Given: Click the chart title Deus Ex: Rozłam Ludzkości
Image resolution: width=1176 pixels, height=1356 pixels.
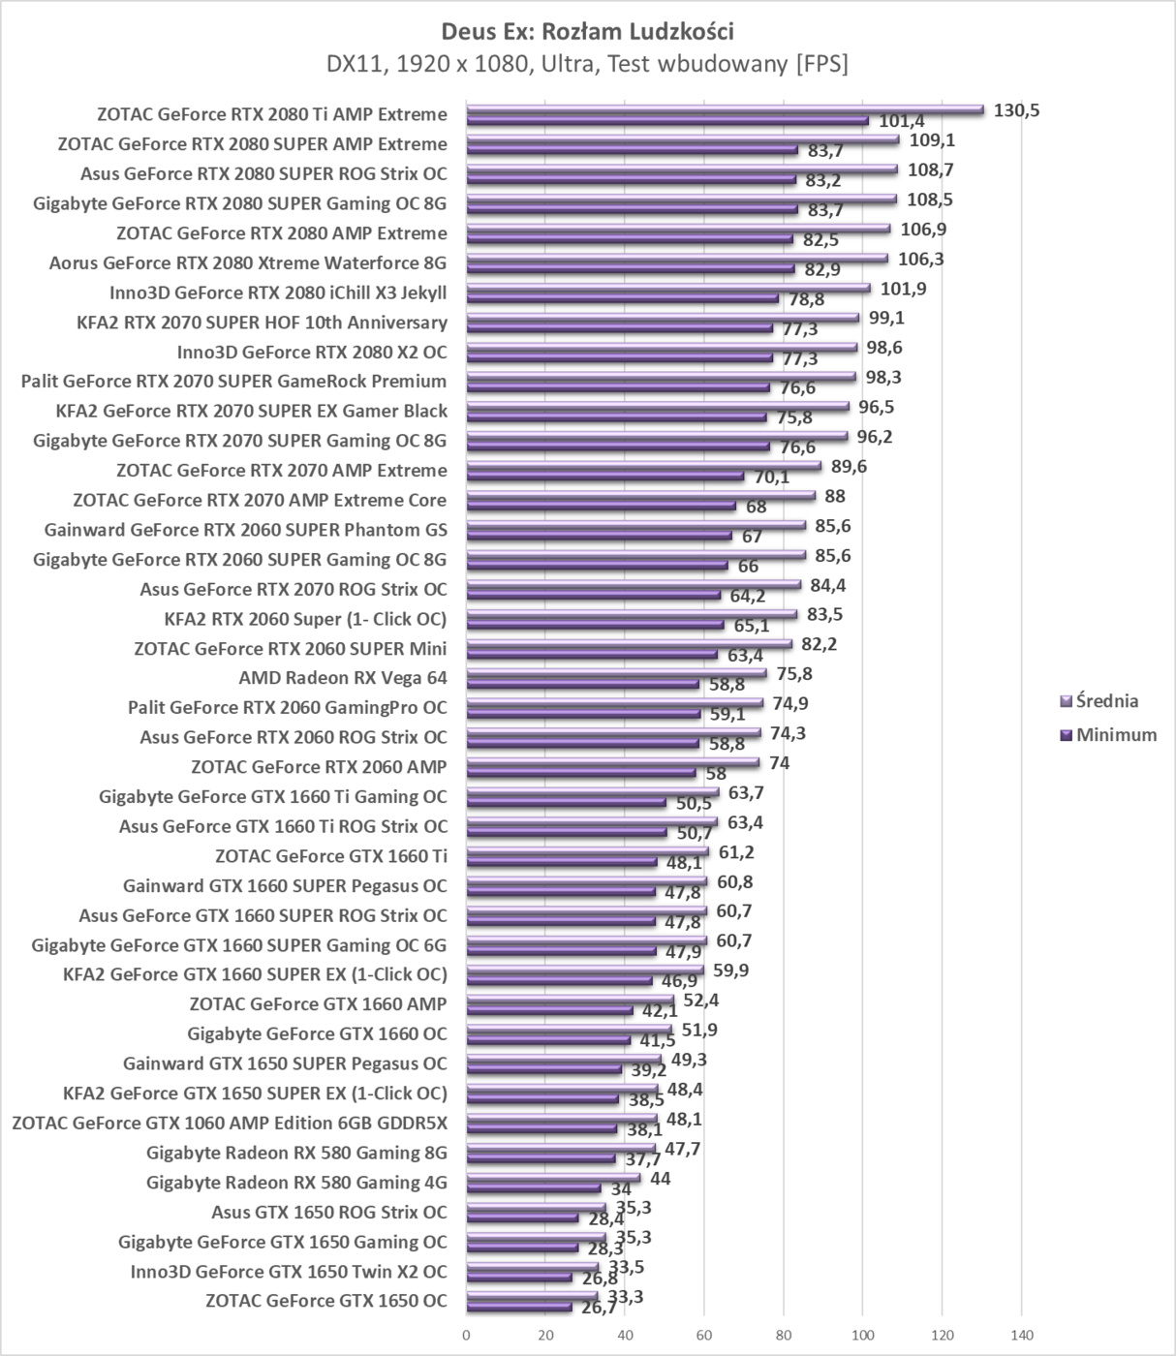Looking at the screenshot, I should [587, 31].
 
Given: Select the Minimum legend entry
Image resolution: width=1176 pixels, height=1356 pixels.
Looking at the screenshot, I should [1115, 735].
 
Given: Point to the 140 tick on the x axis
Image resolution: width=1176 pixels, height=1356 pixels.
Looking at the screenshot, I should [1021, 1336].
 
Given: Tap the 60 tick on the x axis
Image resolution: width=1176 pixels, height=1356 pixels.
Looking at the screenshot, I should [704, 1336].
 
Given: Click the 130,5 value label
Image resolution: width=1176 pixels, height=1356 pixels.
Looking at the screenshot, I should [1016, 110].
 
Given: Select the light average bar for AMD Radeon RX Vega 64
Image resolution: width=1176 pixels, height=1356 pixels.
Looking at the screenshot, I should [616, 673].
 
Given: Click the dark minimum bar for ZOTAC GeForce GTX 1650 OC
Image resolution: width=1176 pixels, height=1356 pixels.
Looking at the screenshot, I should [519, 1307].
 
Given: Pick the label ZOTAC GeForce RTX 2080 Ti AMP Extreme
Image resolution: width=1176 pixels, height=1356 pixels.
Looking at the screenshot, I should [272, 114].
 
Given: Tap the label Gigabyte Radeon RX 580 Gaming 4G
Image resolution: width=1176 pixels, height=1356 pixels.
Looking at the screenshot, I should [296, 1183].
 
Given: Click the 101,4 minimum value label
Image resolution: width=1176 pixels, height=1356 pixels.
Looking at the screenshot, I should [901, 122].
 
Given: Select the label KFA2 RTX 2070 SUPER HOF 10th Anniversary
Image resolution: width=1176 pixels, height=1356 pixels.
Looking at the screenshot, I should [262, 323].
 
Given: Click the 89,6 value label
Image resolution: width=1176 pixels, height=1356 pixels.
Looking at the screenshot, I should [849, 467].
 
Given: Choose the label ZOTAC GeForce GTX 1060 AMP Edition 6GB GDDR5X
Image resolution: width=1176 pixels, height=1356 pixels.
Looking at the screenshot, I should [230, 1124].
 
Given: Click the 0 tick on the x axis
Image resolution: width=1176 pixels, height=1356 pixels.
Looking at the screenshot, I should [467, 1336].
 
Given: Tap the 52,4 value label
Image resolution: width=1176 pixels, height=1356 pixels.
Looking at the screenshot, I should [700, 1001].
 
